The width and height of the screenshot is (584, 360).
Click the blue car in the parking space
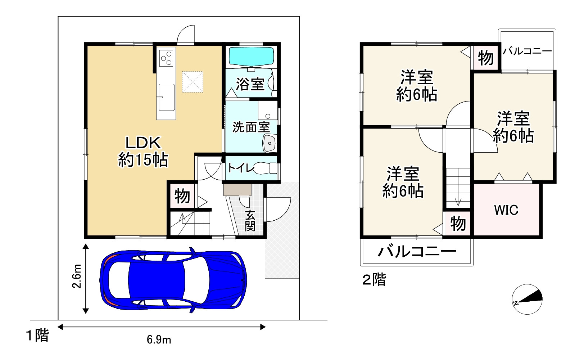[x=173, y=280]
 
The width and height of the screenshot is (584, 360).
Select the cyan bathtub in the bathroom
[x=251, y=57]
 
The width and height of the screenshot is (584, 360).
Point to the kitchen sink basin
[x=166, y=97]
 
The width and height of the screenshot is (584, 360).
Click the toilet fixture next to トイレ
[x=266, y=168]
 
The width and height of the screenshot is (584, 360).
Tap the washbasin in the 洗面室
[x=270, y=143]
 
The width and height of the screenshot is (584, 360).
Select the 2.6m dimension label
[x=77, y=276]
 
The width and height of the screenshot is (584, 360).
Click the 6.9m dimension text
[x=159, y=339]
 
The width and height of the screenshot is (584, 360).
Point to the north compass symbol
[x=527, y=299]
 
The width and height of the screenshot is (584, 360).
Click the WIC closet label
[x=506, y=210]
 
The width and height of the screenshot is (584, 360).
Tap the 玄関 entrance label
[x=250, y=221]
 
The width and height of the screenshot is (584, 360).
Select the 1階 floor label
[x=37, y=336]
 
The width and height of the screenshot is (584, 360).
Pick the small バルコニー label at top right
[x=527, y=51]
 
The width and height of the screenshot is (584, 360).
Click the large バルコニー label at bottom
[x=417, y=252]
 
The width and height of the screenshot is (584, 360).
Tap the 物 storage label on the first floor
[x=182, y=196]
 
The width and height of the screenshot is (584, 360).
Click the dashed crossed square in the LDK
[x=193, y=82]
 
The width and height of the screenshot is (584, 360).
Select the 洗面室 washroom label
[x=251, y=127]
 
